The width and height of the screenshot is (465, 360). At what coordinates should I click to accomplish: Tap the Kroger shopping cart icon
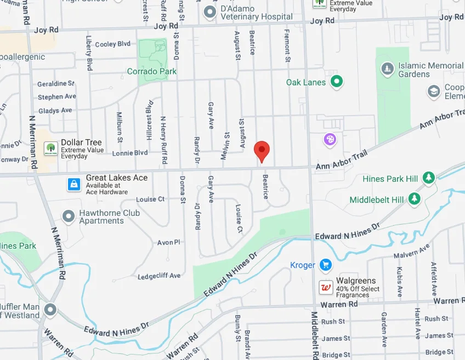(326, 265)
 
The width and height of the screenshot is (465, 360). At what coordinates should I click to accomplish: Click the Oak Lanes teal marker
(337, 82)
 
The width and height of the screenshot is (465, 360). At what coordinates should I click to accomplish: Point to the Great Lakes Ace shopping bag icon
(74, 185)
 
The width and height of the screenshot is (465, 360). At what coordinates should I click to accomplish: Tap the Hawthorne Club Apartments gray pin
(69, 216)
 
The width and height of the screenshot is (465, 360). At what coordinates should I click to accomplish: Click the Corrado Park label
(152, 71)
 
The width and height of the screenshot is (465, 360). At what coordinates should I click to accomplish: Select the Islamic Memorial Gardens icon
(387, 69)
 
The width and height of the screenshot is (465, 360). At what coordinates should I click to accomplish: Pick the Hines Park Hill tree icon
(428, 178)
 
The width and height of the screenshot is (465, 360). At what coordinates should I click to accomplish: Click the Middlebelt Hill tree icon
(414, 199)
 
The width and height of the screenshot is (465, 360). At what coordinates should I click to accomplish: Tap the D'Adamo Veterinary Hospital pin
(209, 12)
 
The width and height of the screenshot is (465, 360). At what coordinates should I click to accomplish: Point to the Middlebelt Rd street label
(314, 335)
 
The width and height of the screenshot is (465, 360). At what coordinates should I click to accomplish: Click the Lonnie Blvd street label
(130, 153)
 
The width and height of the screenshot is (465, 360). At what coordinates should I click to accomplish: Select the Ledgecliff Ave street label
(160, 276)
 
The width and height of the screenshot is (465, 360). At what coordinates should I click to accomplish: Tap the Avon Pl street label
(168, 242)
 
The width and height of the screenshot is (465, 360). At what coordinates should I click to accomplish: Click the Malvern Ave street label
(412, 253)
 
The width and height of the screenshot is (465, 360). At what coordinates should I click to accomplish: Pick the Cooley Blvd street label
(112, 44)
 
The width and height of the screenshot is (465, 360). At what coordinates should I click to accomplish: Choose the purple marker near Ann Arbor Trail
(330, 140)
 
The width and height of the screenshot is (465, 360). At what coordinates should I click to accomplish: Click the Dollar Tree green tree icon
(51, 148)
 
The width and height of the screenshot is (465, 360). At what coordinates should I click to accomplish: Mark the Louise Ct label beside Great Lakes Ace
(150, 199)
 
